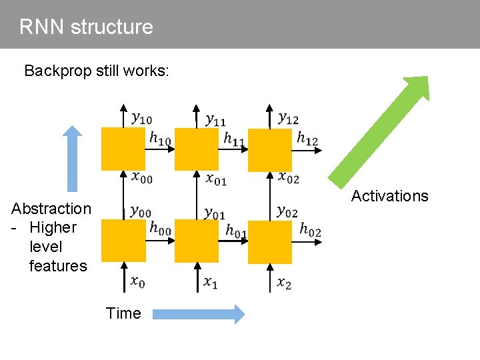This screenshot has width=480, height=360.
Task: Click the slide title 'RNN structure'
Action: tap(86, 27)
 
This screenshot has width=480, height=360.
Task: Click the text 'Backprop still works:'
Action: tap(97, 71)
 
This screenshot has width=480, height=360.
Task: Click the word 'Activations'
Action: tap(389, 196)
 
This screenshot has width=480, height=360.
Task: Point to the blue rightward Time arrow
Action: tap(197, 313)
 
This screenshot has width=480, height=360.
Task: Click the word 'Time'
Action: tap(123, 313)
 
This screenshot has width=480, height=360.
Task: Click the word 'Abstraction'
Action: tap(51, 209)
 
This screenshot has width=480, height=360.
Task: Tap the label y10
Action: tap(141, 119)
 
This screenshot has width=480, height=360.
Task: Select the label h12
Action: tap(307, 139)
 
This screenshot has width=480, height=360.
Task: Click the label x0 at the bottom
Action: tap(137, 282)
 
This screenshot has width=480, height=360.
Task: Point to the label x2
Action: tap(284, 283)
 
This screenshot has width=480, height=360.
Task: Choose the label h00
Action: tap(160, 229)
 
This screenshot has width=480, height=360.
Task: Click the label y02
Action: tap(287, 211)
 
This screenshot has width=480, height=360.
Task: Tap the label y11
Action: tap(215, 120)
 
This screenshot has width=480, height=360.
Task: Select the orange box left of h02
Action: tap(270, 242)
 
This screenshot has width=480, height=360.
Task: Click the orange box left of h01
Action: tap(197, 242)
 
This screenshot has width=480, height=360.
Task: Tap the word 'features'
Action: tap(58, 266)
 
